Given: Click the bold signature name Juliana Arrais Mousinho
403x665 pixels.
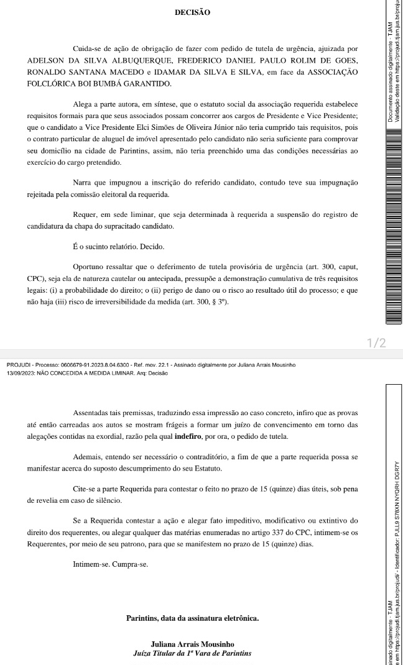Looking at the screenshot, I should (x=192, y=644).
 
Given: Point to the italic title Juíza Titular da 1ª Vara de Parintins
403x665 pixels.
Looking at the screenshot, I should (x=192, y=654).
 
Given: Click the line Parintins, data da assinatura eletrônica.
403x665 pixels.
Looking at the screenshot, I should (x=192, y=618).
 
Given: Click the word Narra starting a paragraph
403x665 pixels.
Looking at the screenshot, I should (x=83, y=183).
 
